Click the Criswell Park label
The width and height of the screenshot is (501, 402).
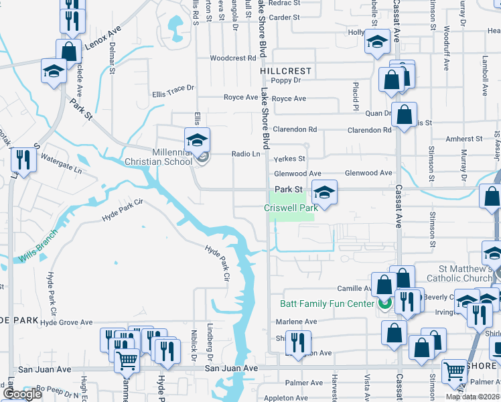point(291,208)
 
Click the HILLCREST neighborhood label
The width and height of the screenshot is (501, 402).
point(286,71)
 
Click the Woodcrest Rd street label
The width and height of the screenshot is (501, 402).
point(233,58)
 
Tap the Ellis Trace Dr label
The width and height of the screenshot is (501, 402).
point(173,87)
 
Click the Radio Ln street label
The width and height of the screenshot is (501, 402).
point(245,154)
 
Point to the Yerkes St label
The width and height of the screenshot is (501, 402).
point(289,159)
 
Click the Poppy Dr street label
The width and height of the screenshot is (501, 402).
point(286,80)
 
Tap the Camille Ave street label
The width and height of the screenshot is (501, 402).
point(354,288)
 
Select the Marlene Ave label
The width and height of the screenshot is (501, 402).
point(296,322)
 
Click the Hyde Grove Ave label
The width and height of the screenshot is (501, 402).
point(66,322)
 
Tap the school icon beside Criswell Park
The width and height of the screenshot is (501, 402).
point(324,193)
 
